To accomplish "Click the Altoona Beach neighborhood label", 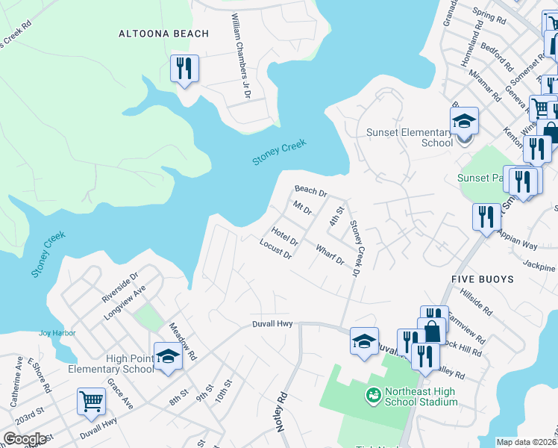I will (153, 34).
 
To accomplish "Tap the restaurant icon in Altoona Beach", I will (183, 69).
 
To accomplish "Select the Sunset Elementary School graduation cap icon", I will (463, 120).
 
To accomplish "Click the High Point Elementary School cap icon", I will (168, 356).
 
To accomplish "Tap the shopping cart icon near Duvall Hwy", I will (91, 401).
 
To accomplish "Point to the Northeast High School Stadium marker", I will (372, 393).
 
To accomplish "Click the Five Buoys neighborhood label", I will (482, 279).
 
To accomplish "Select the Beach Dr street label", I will (310, 192).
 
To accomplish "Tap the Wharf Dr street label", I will (329, 255).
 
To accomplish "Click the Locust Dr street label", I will (275, 249).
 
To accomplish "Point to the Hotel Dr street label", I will (285, 237).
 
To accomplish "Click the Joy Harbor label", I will (57, 333).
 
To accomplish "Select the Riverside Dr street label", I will (120, 287).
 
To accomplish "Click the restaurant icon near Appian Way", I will (486, 217).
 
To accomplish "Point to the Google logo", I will (25, 439).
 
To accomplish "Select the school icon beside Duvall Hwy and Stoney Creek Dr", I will (364, 341).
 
